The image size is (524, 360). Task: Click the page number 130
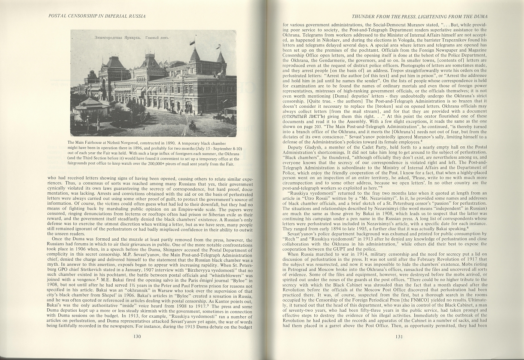click(x=137, y=336)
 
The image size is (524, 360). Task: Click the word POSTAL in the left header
click(x=57, y=16)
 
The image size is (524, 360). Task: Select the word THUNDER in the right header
click(x=363, y=16)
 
